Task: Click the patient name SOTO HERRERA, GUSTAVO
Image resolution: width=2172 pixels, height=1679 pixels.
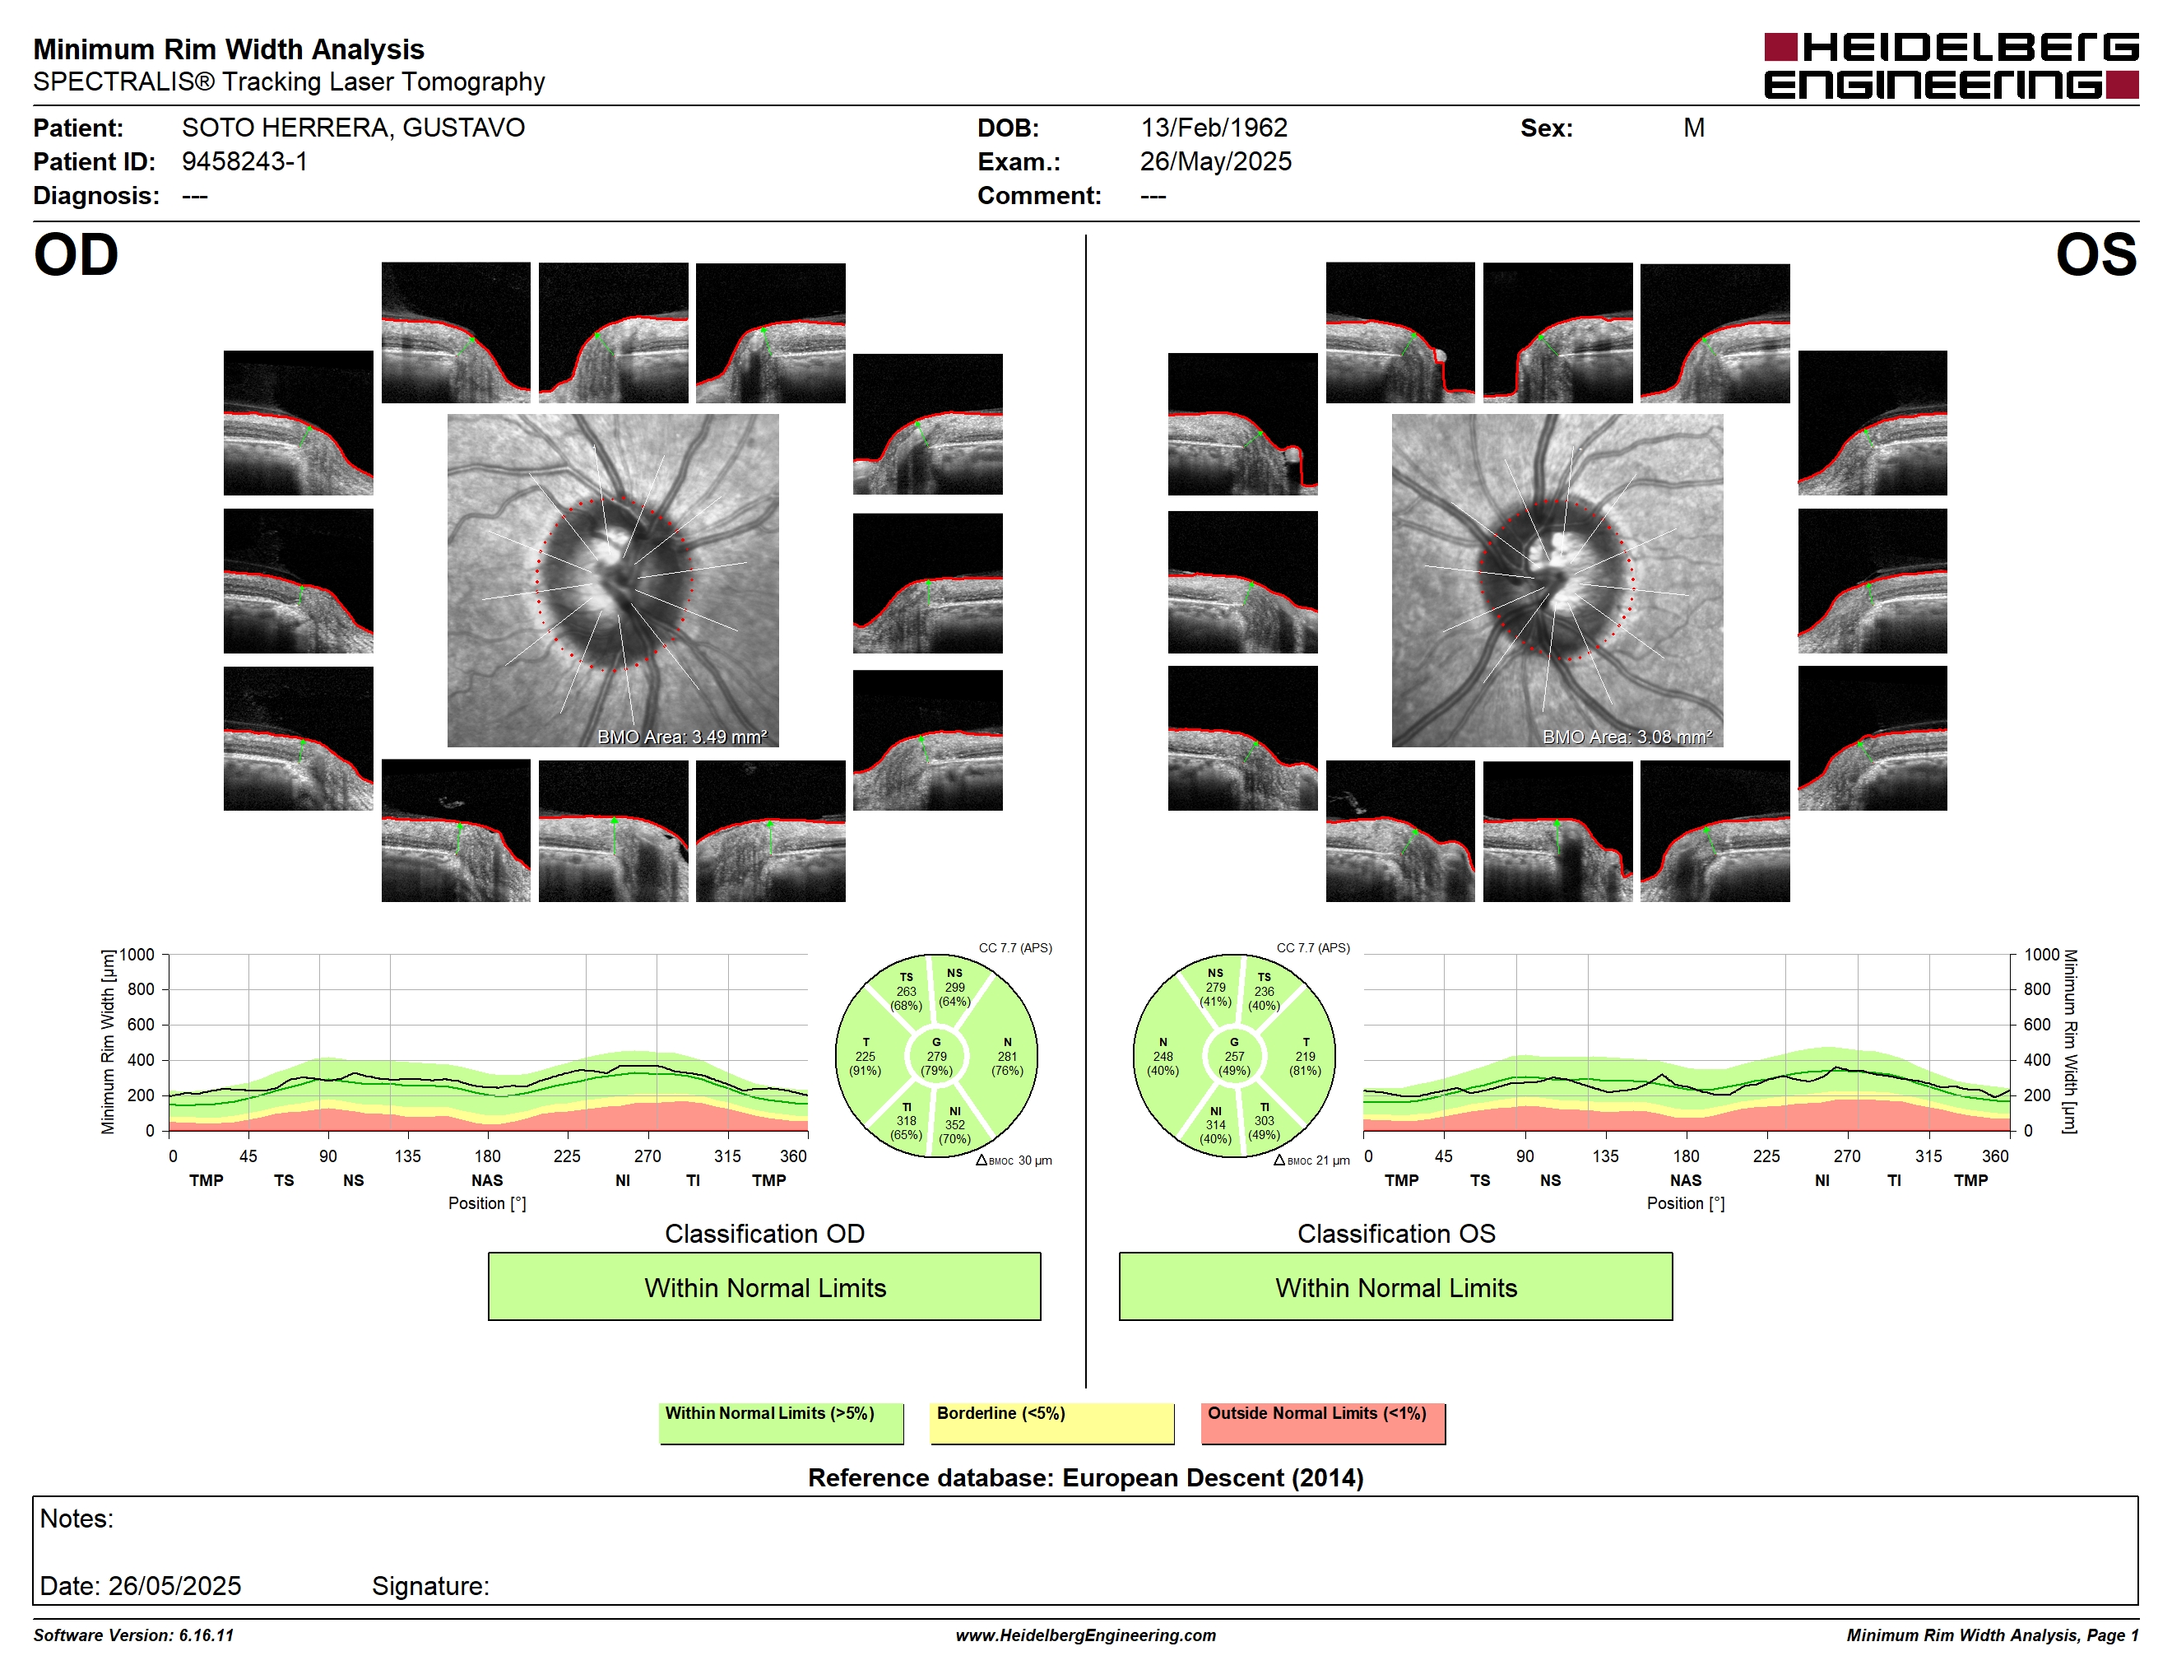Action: [353, 128]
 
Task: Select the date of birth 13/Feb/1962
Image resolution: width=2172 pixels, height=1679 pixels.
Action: [1214, 128]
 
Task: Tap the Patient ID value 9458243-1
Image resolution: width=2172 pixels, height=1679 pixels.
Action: [244, 162]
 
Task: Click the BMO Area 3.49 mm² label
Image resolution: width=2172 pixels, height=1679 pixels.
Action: [682, 737]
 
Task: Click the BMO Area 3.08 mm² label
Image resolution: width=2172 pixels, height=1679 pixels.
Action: [1627, 737]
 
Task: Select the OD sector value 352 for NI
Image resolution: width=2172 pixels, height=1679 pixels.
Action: [954, 1125]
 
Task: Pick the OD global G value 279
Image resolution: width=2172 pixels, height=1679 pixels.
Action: [937, 1056]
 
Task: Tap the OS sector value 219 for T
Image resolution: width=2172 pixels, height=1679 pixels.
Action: [1305, 1056]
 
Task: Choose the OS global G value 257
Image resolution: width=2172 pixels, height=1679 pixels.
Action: [1234, 1056]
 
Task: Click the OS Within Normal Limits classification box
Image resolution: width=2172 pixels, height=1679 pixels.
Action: [1395, 1286]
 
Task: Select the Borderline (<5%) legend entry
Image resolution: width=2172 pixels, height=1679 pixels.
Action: [1051, 1422]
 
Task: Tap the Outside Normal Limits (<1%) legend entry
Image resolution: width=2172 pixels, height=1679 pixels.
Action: [1323, 1422]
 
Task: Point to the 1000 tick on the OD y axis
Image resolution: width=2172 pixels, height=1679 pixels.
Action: [137, 955]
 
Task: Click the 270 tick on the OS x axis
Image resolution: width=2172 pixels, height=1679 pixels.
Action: [1847, 1156]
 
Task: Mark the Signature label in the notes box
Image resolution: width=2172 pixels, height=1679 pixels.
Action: [430, 1585]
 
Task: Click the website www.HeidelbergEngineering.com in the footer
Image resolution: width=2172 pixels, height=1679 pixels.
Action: [1086, 1635]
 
